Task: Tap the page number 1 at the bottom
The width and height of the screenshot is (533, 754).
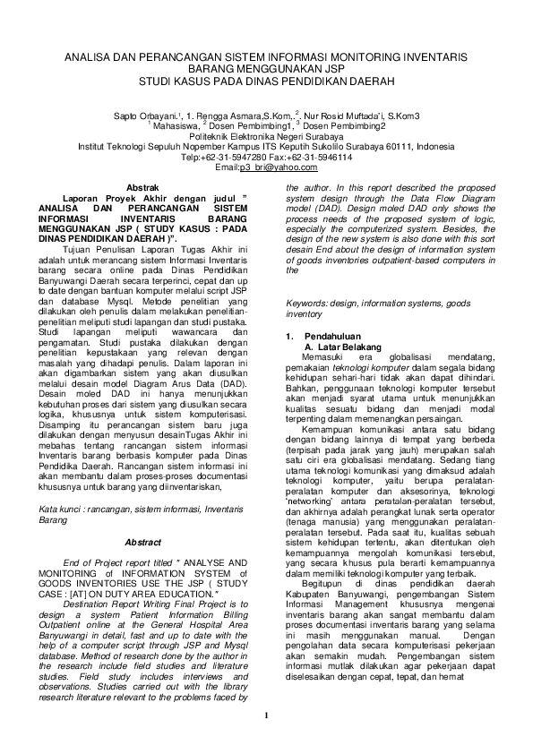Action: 266,714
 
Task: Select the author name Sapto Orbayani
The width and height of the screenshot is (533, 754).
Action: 145,116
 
